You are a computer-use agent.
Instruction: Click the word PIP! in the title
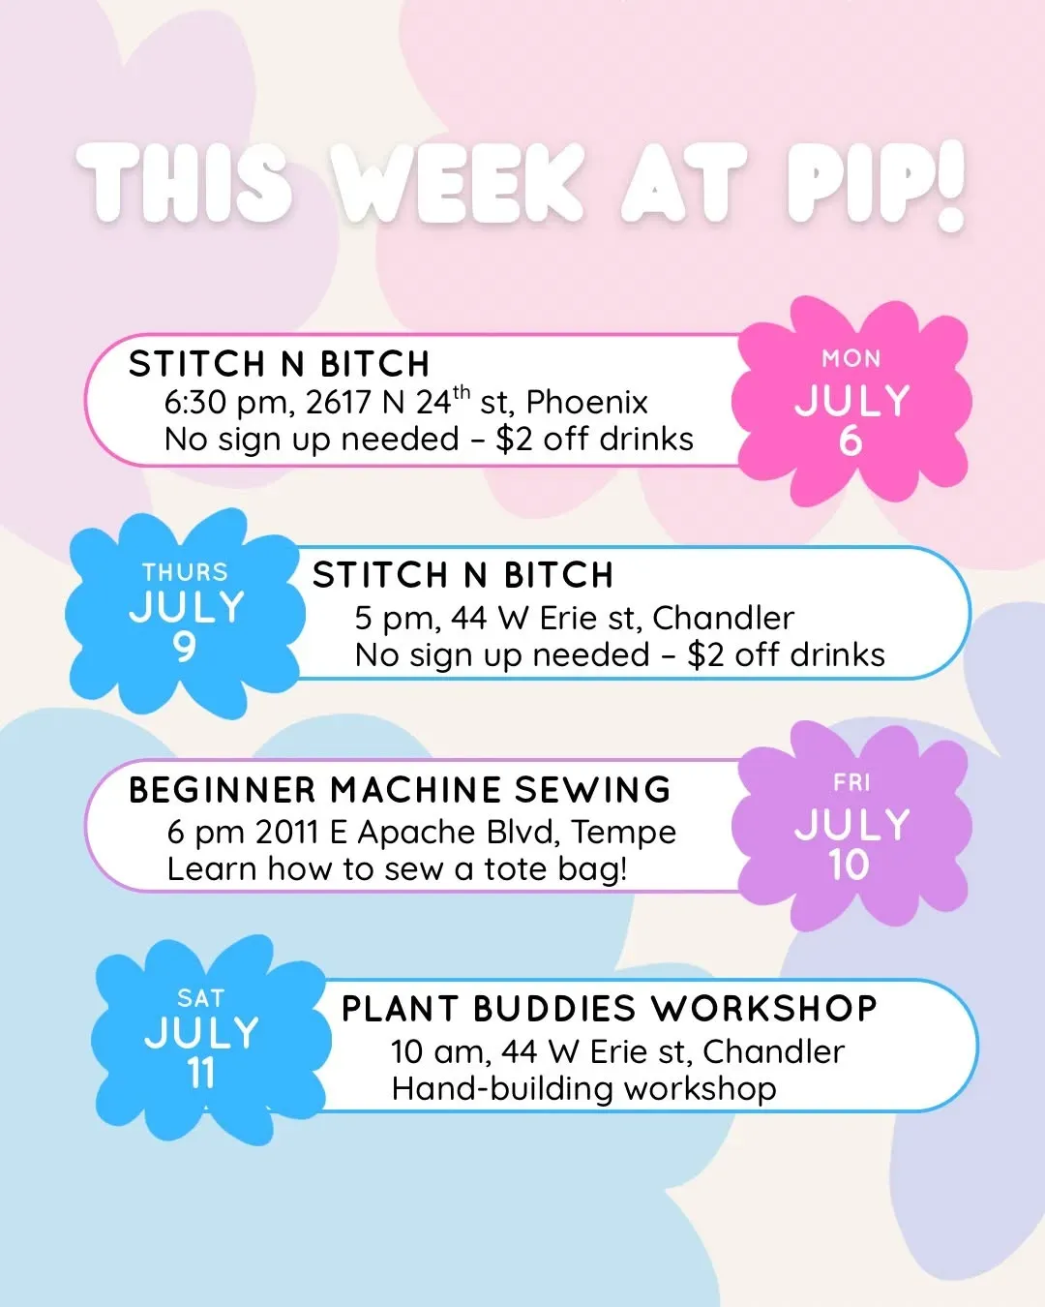tap(875, 186)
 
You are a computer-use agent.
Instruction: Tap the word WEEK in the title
tap(461, 182)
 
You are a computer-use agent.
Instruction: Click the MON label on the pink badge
tap(851, 359)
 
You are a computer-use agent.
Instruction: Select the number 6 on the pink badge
tap(851, 441)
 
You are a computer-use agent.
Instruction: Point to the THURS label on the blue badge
tap(185, 572)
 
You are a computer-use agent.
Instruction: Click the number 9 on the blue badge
tap(184, 647)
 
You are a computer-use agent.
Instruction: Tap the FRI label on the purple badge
tap(851, 783)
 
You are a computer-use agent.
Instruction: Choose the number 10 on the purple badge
tap(850, 865)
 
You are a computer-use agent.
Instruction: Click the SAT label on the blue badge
tap(201, 998)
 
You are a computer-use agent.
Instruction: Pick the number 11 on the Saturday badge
tap(201, 1073)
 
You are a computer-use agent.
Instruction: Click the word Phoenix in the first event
tap(586, 402)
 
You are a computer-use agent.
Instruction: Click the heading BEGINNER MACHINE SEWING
tap(400, 790)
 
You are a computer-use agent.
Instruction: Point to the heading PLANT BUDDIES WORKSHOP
tap(609, 1008)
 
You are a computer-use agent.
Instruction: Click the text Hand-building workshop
tap(584, 1088)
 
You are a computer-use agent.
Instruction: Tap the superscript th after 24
tap(462, 392)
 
